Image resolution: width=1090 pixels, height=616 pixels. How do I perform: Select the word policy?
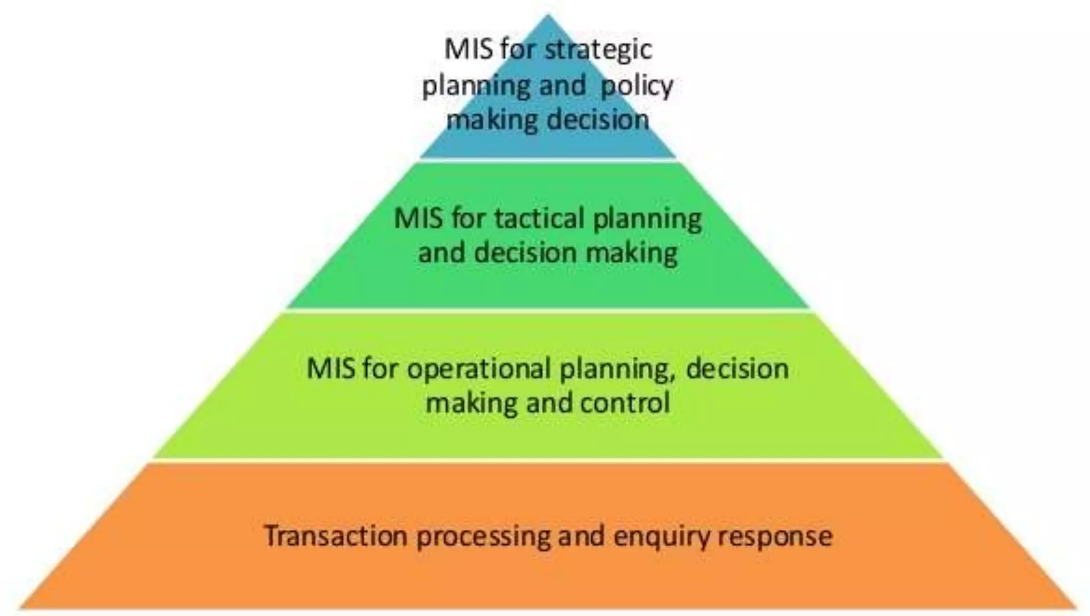tap(637, 86)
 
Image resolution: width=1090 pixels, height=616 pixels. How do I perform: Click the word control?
tap(625, 403)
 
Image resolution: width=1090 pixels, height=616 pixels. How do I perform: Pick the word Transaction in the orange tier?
tap(335, 535)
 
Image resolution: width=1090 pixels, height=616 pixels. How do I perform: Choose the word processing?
tap(483, 536)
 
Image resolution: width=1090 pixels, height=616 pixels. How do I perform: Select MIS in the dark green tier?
tap(418, 218)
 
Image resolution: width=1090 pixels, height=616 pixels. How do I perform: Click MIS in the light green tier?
tap(331, 369)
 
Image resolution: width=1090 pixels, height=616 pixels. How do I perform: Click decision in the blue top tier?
tap(598, 120)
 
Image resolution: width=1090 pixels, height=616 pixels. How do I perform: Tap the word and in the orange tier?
tap(581, 535)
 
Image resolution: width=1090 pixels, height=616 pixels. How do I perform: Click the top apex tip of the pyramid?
tap(548, 16)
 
